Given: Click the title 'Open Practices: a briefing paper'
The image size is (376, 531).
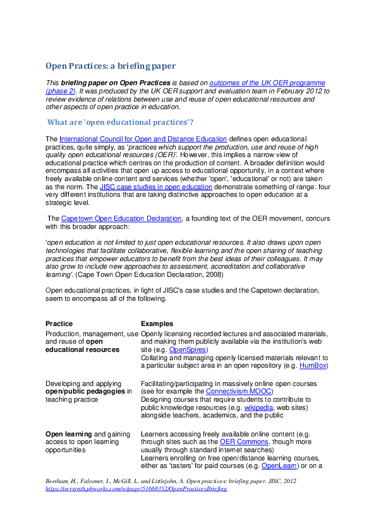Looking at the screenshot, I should [110, 66].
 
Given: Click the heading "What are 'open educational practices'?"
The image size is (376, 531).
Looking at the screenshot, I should [121, 122].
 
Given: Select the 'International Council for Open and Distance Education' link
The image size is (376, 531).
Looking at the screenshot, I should [143, 139].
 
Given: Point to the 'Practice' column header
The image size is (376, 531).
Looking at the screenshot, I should [59, 324].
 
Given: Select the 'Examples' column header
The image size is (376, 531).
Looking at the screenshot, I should [157, 324].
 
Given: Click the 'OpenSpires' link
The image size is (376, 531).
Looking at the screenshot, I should [188, 349].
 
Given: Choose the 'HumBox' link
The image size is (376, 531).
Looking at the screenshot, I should [314, 366].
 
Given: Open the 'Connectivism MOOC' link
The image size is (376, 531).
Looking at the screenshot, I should [237, 391].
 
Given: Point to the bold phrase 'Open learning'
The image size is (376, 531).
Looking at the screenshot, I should [69, 434].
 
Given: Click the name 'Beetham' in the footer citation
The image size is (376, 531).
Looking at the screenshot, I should [59, 481].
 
